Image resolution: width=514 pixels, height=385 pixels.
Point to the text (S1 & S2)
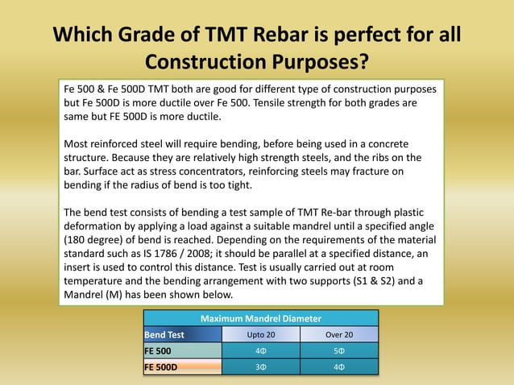[x=350, y=281]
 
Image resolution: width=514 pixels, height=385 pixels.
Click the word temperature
[x=97, y=281]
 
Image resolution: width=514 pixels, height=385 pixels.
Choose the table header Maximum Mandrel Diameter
[x=261, y=318]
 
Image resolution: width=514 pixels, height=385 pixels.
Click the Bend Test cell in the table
[x=164, y=334]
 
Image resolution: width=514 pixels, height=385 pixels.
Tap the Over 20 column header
[x=338, y=334]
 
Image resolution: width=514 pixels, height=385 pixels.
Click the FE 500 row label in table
[x=158, y=351]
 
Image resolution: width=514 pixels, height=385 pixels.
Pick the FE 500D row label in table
[x=162, y=367]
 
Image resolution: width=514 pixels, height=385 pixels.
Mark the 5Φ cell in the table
[x=338, y=351]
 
